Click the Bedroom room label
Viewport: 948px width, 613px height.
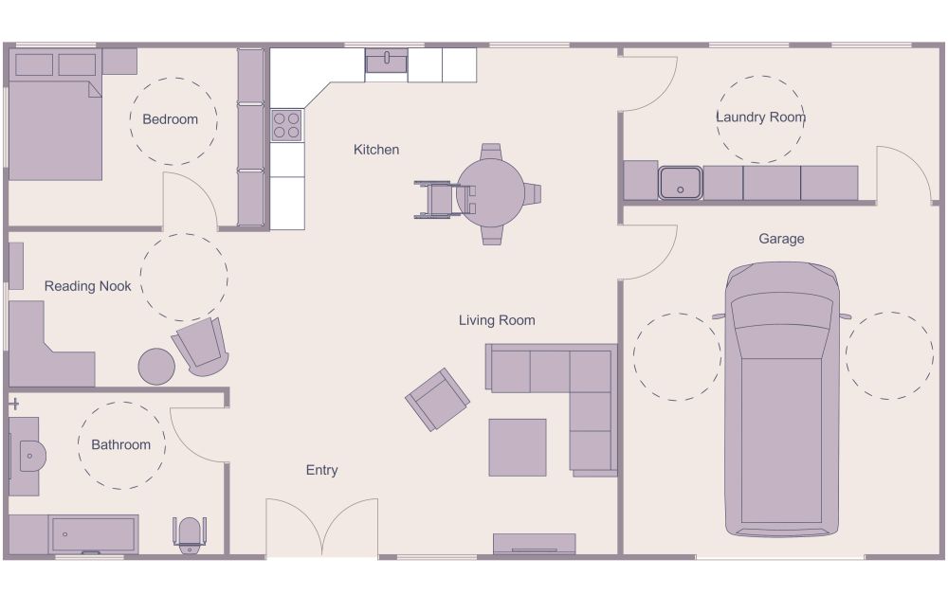pos(170,119)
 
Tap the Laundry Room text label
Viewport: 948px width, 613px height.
pos(760,117)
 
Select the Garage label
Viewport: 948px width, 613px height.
pos(781,239)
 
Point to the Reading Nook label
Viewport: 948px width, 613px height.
pos(88,286)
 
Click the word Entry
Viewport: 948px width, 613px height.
pos(321,470)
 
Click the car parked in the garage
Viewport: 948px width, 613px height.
pos(782,398)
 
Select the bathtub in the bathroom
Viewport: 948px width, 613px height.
pos(92,534)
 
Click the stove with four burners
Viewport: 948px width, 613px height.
pos(287,126)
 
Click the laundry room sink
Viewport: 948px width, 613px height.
pos(681,182)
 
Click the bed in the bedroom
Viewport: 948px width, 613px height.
pos(55,128)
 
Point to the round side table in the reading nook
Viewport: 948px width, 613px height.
pos(156,366)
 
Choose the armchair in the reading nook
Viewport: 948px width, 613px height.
pos(201,346)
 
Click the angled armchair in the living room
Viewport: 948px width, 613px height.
pos(437,399)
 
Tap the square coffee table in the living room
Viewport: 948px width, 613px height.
pos(517,447)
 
